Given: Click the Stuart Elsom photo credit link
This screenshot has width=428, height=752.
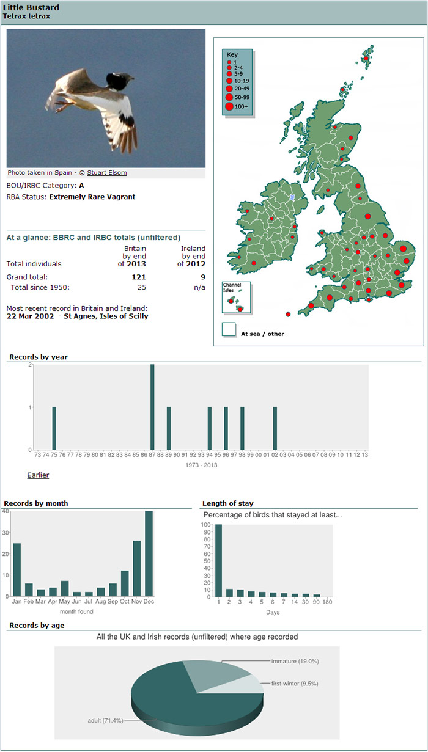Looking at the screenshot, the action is coord(107,172).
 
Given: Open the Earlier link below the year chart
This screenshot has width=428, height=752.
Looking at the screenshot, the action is coord(38,475).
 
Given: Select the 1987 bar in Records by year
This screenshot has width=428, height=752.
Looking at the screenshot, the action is coord(152,407).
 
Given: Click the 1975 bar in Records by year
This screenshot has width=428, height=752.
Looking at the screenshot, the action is coord(54,428).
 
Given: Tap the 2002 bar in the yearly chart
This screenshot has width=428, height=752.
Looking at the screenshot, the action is coord(275,428).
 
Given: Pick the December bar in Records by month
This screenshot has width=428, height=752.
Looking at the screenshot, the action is coord(149,553).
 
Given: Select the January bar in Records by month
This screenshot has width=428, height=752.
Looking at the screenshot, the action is coord(17,570).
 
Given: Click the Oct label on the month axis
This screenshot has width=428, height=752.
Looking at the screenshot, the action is coord(125,601).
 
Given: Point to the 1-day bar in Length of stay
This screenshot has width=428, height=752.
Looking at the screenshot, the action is coord(219,561).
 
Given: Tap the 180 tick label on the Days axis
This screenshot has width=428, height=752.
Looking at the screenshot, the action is coord(327,602).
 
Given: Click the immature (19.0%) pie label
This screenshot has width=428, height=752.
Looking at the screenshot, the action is coord(295,661).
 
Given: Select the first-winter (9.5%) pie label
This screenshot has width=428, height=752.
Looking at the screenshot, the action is coord(295,684).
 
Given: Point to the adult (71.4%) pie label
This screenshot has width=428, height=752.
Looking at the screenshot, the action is coord(106,720).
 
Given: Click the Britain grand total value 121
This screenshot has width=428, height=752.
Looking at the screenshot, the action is coord(139,277).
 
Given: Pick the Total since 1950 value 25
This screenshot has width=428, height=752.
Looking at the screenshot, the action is coord(142,287).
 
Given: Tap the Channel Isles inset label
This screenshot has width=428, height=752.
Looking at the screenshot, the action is coord(232,287).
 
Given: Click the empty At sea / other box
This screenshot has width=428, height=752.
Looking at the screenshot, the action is coord(229,329).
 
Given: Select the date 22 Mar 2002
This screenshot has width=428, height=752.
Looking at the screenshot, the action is coord(30,316).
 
